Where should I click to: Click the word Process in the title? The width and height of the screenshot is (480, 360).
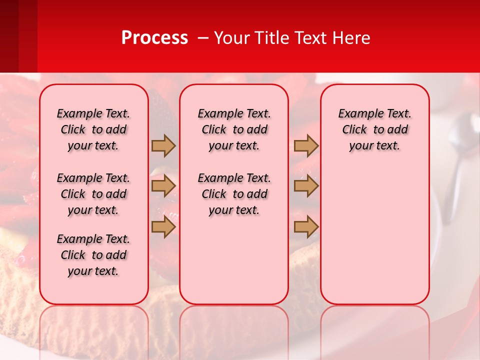coord(154,38)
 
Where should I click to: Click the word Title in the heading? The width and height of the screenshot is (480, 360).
coord(271,38)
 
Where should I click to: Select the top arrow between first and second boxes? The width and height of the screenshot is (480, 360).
coord(163,145)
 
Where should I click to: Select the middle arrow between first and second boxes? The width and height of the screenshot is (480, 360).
coord(163,186)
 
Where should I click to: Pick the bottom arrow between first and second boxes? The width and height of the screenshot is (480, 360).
coord(163,227)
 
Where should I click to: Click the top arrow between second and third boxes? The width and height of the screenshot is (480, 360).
coord(306,145)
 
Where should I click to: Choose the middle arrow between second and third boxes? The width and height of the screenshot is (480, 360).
coord(306,186)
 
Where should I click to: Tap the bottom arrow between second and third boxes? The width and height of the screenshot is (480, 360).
coord(306,227)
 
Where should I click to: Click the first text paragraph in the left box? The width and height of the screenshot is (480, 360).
coord(93,129)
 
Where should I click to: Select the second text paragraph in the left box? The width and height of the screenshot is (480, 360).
coord(93,194)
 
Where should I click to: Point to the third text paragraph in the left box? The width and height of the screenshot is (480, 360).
coord(93,255)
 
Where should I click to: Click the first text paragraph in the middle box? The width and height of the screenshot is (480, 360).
coord(234,129)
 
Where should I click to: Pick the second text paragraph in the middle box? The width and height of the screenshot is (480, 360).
coord(234,194)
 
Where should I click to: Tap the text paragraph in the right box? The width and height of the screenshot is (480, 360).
coord(374,129)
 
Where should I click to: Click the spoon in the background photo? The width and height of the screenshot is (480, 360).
coord(456,150)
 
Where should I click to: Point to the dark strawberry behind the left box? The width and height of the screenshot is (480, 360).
coord(161,107)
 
